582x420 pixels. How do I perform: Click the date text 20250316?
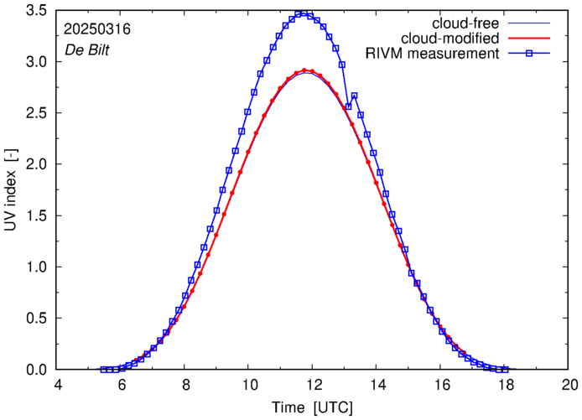96,29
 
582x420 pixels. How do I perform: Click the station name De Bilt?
87,49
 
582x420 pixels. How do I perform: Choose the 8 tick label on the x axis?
185,385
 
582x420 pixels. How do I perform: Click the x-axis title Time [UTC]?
311,407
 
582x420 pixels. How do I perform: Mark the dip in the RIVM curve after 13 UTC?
348,106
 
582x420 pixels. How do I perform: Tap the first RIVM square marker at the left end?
103,370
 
